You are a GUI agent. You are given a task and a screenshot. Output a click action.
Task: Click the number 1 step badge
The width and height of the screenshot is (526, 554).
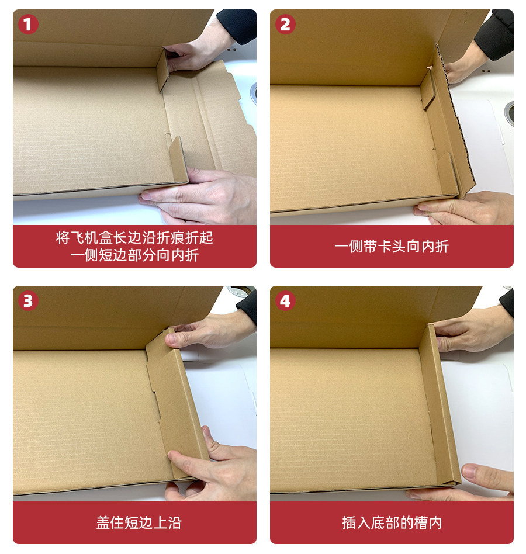28,25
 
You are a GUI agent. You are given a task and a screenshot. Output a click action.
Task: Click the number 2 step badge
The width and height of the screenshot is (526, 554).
285,25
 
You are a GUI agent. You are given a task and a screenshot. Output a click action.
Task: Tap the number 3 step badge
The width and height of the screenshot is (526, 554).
28,301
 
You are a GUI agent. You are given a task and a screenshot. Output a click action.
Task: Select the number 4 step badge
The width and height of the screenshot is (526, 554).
285,301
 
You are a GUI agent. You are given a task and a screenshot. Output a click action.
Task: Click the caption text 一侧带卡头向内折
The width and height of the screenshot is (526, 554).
392,246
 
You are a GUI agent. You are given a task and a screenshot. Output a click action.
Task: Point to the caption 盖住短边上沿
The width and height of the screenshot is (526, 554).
139,522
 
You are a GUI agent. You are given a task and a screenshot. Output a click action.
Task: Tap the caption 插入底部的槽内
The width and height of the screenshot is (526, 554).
392,522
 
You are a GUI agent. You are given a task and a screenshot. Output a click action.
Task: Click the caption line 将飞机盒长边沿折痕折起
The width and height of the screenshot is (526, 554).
134,237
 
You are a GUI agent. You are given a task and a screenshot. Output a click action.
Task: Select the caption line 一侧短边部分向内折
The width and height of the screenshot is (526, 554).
134,255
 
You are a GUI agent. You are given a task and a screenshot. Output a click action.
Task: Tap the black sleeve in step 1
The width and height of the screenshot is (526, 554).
237,26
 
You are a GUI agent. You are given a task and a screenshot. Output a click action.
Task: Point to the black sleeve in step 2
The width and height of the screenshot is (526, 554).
494,33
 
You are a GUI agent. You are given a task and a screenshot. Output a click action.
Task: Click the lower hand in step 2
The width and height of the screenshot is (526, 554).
466,209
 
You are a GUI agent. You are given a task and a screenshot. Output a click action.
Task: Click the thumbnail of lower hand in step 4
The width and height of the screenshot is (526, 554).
470,470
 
